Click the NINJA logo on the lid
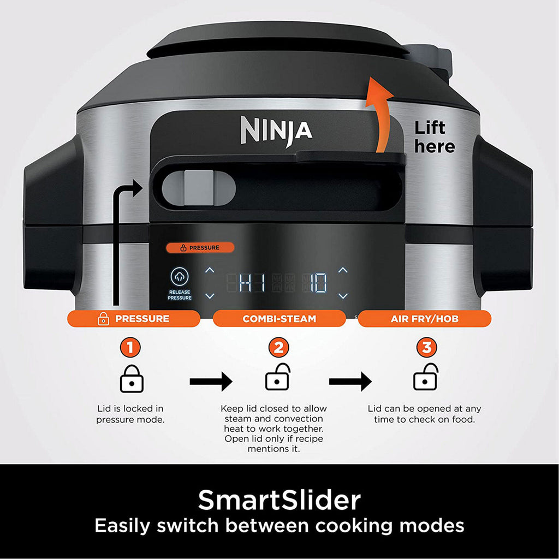pyautogui.click(x=277, y=131)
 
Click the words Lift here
pyautogui.click(x=434, y=137)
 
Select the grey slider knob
pyautogui.click(x=199, y=188)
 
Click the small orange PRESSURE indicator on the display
pyautogui.click(x=200, y=247)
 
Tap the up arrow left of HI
pyautogui.click(x=210, y=270)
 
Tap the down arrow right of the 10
pyautogui.click(x=343, y=296)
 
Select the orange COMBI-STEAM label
pyautogui.click(x=279, y=318)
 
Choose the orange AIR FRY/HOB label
pyautogui.click(x=425, y=318)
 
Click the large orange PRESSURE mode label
pyautogui.click(x=134, y=318)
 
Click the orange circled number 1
pyautogui.click(x=130, y=347)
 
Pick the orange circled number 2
pyautogui.click(x=278, y=347)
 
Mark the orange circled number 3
pyautogui.click(x=427, y=347)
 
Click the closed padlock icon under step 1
pyautogui.click(x=132, y=379)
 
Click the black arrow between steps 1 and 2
pyautogui.click(x=211, y=382)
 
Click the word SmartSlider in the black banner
pyautogui.click(x=279, y=500)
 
